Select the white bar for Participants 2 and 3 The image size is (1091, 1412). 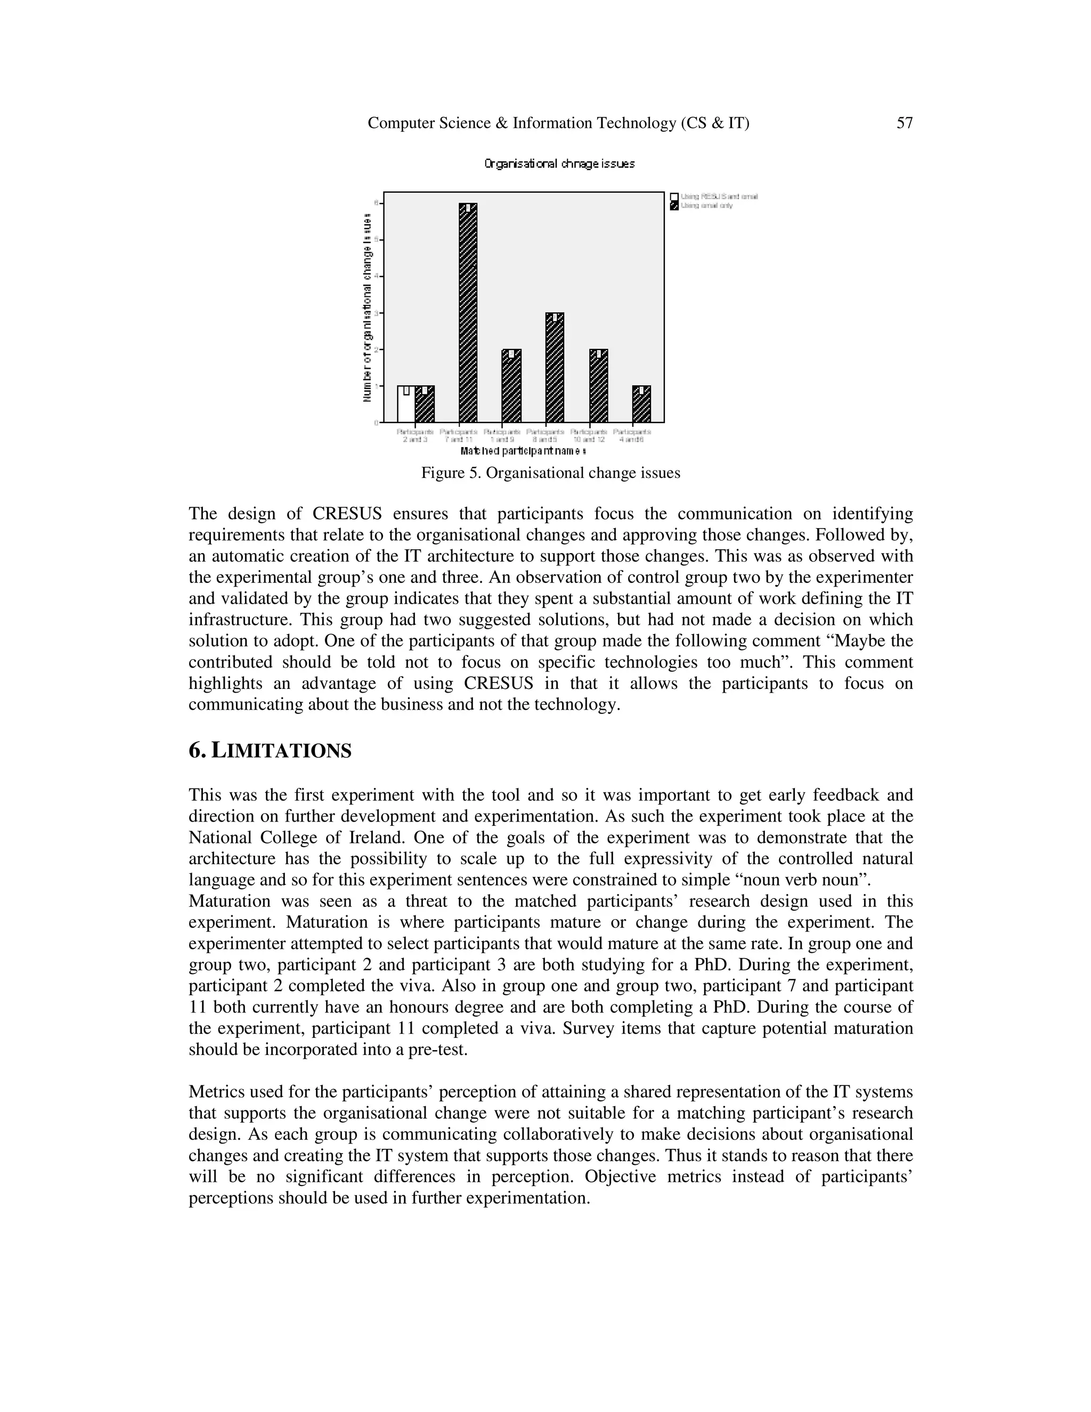[406, 405]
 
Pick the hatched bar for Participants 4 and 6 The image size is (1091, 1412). [641, 405]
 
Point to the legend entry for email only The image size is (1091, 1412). [706, 206]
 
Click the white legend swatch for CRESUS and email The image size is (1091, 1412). [674, 197]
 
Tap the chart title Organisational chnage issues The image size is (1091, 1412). [560, 164]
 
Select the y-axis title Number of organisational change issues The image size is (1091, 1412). [367, 309]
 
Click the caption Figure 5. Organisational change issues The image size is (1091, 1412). [551, 473]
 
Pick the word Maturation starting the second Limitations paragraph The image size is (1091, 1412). [221, 900]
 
